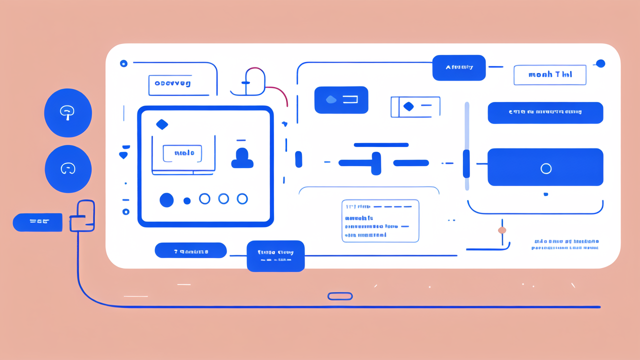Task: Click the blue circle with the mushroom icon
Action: (x=68, y=113)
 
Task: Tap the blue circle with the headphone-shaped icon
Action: (x=68, y=169)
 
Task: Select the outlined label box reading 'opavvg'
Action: (x=172, y=84)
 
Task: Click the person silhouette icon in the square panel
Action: (x=242, y=158)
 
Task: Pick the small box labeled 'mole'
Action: (x=182, y=153)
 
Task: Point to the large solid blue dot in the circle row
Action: (x=166, y=200)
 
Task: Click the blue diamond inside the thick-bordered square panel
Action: (x=162, y=124)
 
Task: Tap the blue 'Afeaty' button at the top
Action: (x=459, y=67)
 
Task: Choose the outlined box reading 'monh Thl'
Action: (x=549, y=74)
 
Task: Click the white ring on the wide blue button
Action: (x=546, y=168)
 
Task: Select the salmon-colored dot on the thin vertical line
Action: (x=502, y=230)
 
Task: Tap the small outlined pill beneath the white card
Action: (x=340, y=296)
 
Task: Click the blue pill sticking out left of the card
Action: (x=37, y=222)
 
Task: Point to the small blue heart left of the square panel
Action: (x=123, y=155)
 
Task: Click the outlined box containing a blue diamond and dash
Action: (x=415, y=106)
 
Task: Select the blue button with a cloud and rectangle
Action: (x=341, y=100)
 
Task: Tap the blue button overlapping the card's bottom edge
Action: (x=275, y=256)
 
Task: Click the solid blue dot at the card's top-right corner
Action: (x=600, y=63)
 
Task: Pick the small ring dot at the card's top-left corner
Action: (x=123, y=63)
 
